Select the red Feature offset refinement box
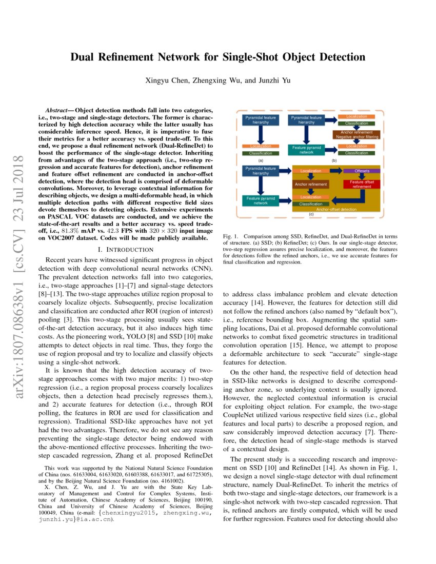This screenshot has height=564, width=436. point(362,185)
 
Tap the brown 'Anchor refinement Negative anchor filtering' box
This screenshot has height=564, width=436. point(356,135)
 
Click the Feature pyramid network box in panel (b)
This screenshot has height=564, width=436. point(306,150)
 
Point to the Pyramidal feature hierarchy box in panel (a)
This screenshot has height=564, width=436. point(261,120)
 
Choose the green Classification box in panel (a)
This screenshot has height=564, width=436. point(261,153)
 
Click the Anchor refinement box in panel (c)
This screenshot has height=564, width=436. point(311,184)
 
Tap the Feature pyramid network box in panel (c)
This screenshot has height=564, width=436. point(261,200)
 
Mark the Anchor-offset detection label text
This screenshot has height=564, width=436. point(336,209)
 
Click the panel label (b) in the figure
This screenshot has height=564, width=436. point(334,160)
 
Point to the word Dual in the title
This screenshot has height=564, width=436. point(86,57)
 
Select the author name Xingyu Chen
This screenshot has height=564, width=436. point(167,80)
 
